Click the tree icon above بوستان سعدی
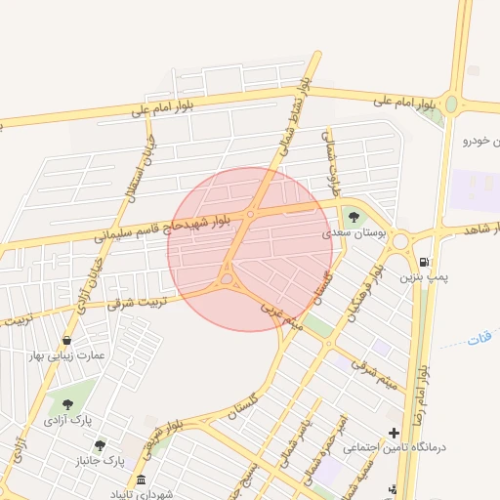(x=353, y=217)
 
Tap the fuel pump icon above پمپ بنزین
(x=423, y=261)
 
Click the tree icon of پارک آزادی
(x=67, y=404)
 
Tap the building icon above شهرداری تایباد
(x=142, y=480)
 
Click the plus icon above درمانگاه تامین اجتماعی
(x=394, y=432)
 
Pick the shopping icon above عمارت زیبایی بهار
(x=66, y=340)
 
